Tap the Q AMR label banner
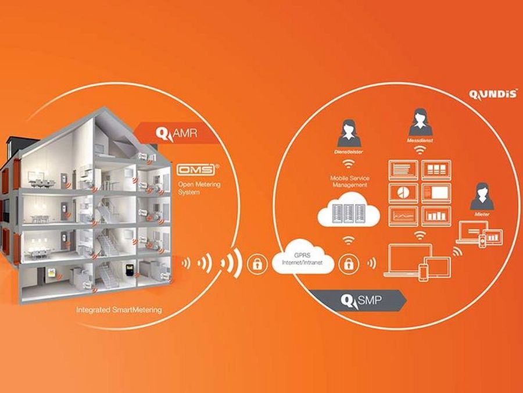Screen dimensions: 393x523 tap(174, 134)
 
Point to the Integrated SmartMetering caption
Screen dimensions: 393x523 tap(119, 310)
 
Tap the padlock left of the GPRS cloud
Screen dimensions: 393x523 tap(255, 263)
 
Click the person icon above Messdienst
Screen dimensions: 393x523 tap(419, 123)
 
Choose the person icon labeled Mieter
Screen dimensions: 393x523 tap(482, 197)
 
